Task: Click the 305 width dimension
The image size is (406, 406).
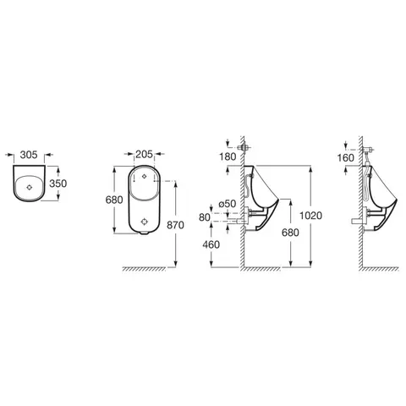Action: click(x=29, y=155)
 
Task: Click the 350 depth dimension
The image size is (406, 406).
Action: click(x=58, y=184)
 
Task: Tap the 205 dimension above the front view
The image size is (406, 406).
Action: click(x=144, y=155)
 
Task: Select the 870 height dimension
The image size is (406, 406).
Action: click(x=175, y=225)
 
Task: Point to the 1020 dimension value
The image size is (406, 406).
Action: click(x=310, y=216)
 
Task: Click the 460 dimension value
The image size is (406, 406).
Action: click(x=211, y=244)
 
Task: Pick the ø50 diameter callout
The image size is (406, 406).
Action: click(x=228, y=203)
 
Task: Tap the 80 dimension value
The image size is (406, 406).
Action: click(x=205, y=217)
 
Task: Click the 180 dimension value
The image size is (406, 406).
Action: click(x=228, y=156)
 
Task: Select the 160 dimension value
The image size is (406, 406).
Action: click(x=346, y=158)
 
